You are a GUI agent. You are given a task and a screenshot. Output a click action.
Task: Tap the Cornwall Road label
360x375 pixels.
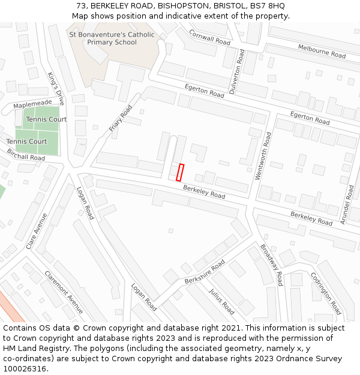(x=209, y=37)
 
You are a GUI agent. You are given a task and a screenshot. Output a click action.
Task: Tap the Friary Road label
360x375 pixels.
(x=121, y=118)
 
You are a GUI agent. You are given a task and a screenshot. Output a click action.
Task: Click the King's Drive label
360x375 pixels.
(x=56, y=89)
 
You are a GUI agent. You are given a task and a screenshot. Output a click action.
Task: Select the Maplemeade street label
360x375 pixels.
(x=32, y=104)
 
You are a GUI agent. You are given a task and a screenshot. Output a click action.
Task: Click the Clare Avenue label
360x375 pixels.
(x=37, y=231)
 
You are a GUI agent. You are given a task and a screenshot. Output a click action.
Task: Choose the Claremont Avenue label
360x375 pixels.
(x=64, y=292)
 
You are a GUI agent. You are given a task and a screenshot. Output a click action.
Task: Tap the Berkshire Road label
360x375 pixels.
(x=205, y=272)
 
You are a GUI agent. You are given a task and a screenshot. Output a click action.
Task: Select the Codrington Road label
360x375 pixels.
(x=326, y=293)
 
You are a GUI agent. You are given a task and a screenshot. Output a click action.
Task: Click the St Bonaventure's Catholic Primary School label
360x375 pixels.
(x=112, y=38)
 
